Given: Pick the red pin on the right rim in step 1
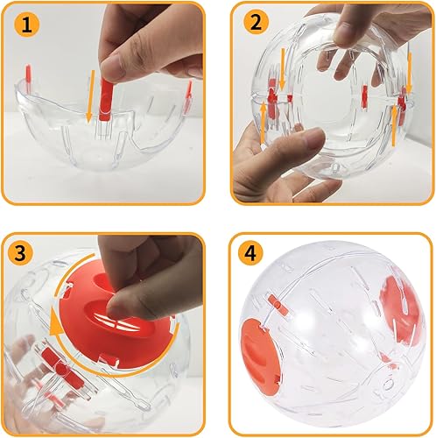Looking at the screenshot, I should click(x=189, y=91).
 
